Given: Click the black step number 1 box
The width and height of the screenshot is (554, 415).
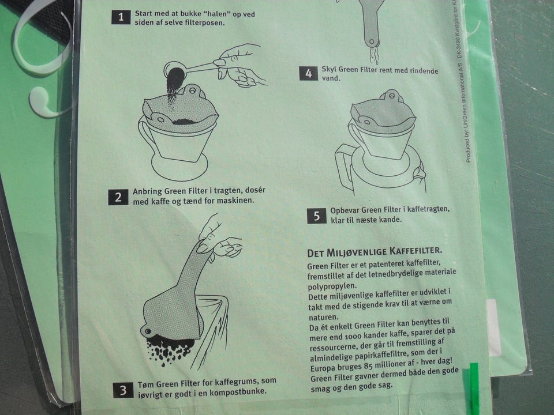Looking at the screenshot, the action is click(121, 17).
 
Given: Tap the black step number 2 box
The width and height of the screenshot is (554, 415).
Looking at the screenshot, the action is click(118, 197).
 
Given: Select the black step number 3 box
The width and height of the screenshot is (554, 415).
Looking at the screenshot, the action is click(123, 390).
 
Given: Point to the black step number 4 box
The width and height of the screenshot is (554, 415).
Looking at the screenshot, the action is click(308, 73).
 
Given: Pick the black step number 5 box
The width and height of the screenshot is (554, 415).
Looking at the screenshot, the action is click(317, 216).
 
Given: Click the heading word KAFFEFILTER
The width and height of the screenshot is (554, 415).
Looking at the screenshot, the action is click(416, 251).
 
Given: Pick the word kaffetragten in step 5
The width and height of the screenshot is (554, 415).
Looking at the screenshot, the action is click(428, 209).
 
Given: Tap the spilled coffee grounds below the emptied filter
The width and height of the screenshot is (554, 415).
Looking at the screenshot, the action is click(169, 349).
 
